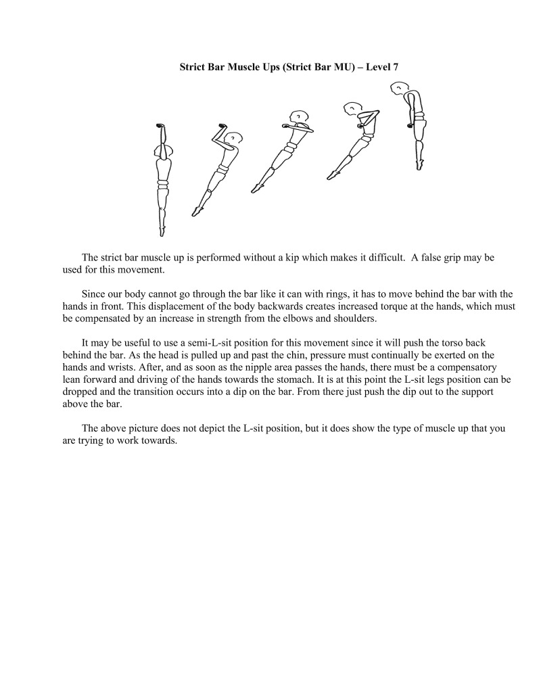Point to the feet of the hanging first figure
coord(162,231)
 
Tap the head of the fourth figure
coord(352,108)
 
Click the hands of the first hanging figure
coord(161,126)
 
